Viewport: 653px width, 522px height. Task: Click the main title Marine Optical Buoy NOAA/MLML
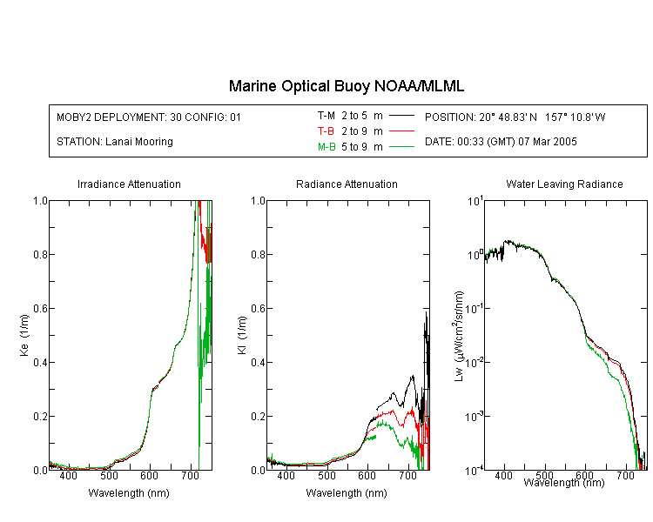click(x=347, y=86)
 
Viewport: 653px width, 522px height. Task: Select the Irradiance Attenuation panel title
click(x=129, y=184)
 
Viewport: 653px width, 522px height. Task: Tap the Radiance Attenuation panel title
click(x=347, y=184)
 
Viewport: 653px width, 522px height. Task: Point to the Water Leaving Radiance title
click(x=564, y=184)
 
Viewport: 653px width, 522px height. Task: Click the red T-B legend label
click(x=326, y=131)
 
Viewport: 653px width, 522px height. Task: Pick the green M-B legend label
click(x=326, y=146)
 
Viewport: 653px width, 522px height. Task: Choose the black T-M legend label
click(x=326, y=116)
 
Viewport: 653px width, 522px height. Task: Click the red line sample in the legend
click(x=402, y=131)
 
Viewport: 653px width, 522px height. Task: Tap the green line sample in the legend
click(x=402, y=146)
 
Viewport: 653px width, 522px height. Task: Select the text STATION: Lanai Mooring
click(x=115, y=142)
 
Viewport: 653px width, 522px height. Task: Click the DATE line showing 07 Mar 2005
click(x=501, y=142)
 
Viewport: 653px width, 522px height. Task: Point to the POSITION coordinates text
click(x=515, y=117)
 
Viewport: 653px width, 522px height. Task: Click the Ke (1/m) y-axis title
click(x=24, y=335)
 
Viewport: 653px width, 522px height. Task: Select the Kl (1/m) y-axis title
click(x=242, y=335)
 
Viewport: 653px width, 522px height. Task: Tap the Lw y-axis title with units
click(x=459, y=336)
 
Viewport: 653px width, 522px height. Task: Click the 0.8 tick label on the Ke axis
click(x=40, y=254)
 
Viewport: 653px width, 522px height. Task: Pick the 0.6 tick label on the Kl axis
click(x=258, y=309)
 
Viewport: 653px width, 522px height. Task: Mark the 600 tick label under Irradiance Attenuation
click(x=149, y=475)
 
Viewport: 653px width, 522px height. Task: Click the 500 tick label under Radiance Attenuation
click(x=326, y=475)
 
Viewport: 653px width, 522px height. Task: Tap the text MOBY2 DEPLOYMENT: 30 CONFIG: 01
click(x=149, y=117)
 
